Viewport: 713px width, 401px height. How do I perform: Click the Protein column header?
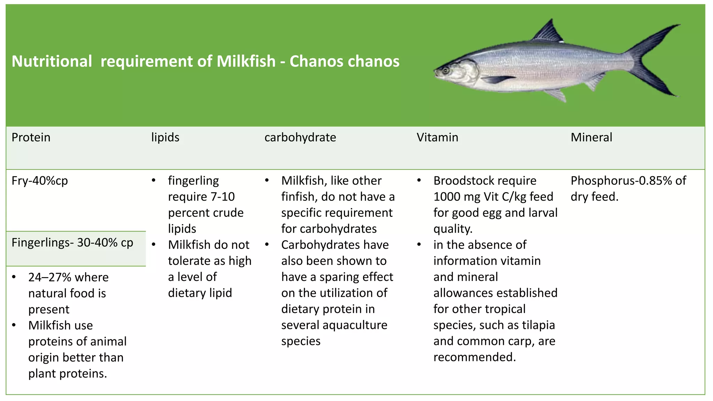[31, 137]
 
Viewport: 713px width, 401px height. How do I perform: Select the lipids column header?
[165, 137]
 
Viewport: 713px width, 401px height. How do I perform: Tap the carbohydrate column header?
[300, 137]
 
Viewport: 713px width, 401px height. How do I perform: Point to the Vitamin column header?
[437, 137]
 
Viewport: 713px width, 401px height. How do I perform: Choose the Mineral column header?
[591, 137]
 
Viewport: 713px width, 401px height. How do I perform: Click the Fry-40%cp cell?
[40, 181]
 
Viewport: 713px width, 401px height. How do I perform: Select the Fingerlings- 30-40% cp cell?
[72, 243]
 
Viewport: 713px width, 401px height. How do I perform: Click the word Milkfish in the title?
[246, 61]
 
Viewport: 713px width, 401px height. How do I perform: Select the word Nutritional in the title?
[52, 61]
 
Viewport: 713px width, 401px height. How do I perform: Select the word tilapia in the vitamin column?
[538, 325]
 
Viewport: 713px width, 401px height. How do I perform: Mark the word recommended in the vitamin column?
[474, 357]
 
